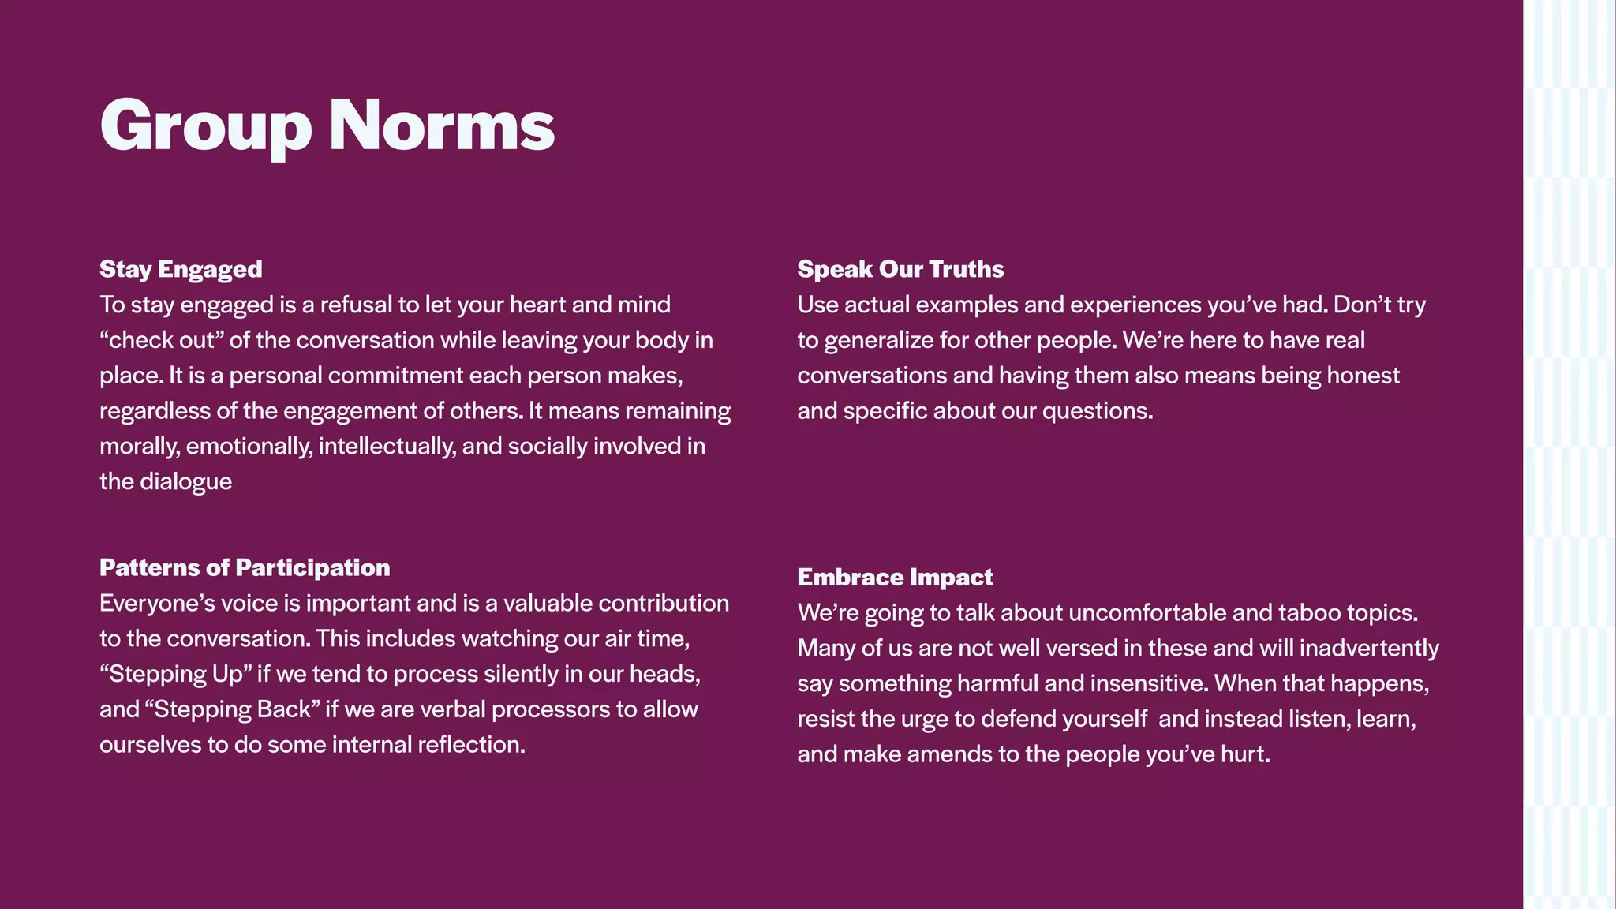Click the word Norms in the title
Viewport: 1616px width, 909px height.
point(441,126)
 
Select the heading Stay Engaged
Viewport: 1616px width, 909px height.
point(181,269)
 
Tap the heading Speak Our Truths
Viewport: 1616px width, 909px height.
point(900,269)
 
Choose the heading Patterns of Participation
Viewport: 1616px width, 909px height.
point(245,567)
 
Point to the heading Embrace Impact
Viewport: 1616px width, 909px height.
point(895,577)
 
